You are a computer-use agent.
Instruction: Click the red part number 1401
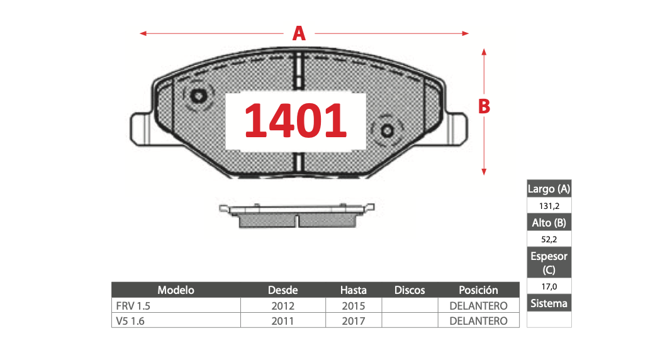(x=295, y=121)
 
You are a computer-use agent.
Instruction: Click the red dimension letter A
(x=299, y=33)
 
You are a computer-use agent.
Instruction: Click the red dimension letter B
(x=484, y=106)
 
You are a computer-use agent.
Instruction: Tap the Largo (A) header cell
(x=549, y=189)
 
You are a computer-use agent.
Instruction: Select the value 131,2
(x=549, y=206)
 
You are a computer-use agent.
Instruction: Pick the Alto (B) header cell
(x=549, y=223)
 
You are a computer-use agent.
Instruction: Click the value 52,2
(x=549, y=239)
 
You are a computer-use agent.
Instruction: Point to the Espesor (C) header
(x=549, y=262)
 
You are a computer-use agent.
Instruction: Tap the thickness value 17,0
(x=549, y=286)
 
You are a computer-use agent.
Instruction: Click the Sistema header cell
(x=549, y=303)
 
